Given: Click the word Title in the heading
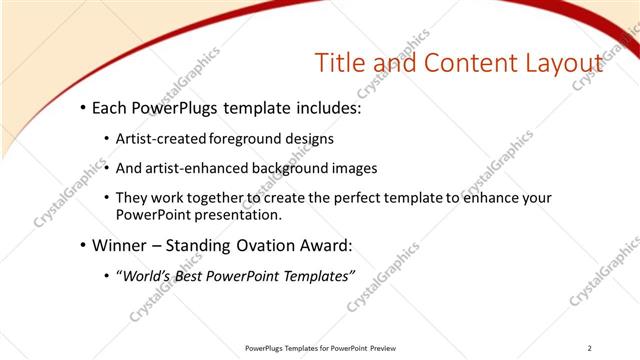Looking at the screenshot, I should pyautogui.click(x=337, y=63).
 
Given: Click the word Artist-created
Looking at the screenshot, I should pyautogui.click(x=158, y=139).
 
